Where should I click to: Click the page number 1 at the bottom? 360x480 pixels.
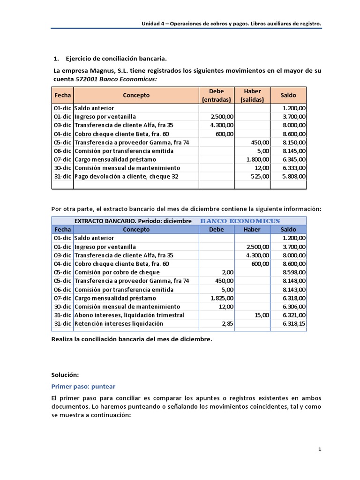[x=320, y=450]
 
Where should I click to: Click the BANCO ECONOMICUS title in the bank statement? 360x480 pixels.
[x=240, y=221]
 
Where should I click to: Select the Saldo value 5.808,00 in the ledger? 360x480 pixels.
[x=293, y=176]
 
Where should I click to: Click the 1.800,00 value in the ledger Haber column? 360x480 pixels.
[x=257, y=159]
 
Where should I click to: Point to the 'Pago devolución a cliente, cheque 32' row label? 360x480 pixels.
[x=126, y=176]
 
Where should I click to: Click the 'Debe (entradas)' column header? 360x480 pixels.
[x=216, y=95]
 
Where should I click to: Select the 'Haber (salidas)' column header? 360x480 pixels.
[x=252, y=95]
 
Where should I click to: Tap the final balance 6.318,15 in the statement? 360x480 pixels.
[x=293, y=323]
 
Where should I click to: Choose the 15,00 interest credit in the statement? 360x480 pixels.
[x=262, y=315]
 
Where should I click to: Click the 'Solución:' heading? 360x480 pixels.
[x=65, y=375]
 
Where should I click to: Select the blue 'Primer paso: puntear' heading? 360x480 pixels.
[x=83, y=386]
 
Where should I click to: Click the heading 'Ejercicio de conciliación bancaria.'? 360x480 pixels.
[x=116, y=59]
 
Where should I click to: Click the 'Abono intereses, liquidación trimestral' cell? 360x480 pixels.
[x=129, y=315]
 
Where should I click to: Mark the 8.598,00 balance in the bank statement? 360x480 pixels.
[x=293, y=272]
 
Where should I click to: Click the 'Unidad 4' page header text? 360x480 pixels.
[x=155, y=23]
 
